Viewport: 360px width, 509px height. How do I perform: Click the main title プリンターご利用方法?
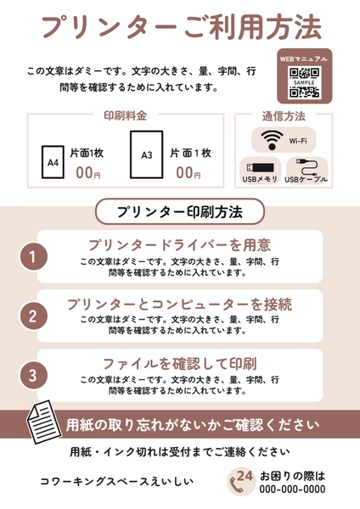[x=181, y=27]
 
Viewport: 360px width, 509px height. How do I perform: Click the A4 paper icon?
[x=53, y=161]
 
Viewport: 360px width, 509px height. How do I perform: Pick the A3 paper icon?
[x=146, y=155]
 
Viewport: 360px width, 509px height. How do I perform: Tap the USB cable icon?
[x=306, y=167]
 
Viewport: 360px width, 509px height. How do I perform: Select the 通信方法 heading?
[x=284, y=115]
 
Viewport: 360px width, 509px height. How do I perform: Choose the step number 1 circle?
[x=32, y=256]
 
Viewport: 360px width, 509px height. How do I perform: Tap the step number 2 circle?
[x=32, y=316]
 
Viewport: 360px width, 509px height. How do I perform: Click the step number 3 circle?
[x=32, y=375]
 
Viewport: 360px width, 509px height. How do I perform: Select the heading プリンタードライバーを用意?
[x=179, y=245]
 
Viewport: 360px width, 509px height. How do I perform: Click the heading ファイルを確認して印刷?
[x=179, y=363]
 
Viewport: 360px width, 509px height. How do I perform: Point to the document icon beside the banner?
[x=40, y=421]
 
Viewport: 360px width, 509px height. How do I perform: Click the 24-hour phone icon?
[x=242, y=481]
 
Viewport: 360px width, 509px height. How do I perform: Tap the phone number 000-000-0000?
[x=292, y=489]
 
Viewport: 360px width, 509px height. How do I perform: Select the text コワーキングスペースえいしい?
[x=117, y=481]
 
